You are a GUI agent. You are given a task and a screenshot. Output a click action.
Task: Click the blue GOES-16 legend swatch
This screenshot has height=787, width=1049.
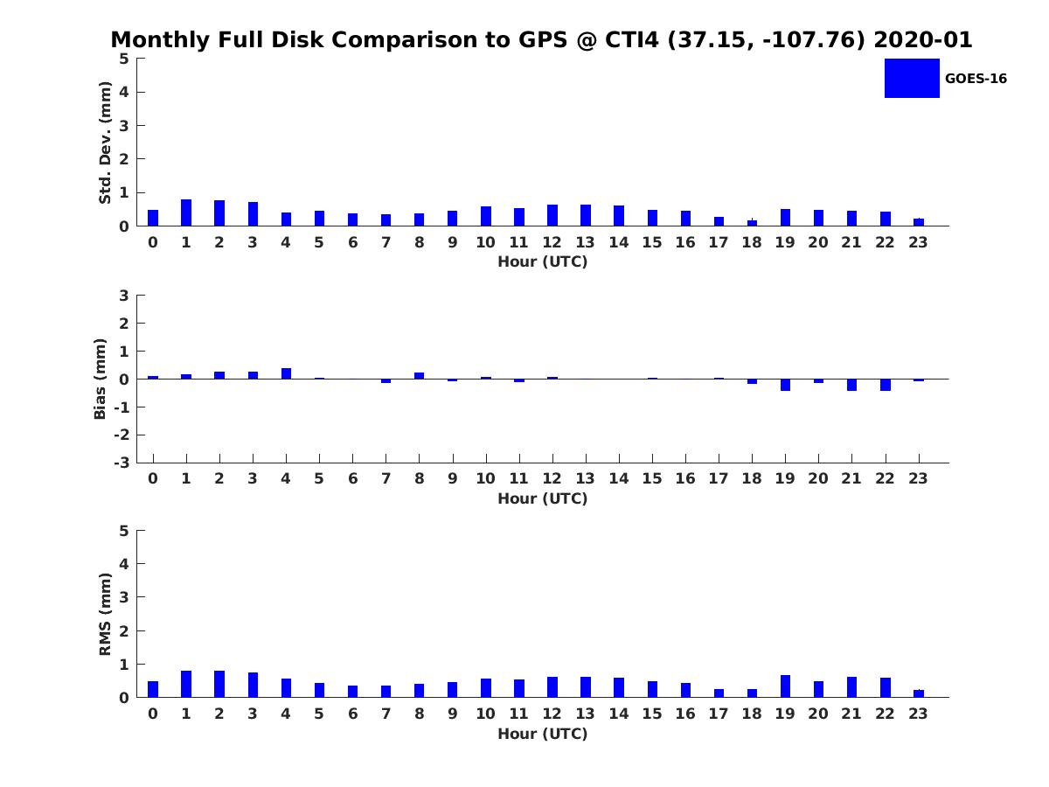[x=912, y=79]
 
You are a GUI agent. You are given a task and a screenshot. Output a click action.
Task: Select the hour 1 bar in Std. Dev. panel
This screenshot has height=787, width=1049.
[x=186, y=212]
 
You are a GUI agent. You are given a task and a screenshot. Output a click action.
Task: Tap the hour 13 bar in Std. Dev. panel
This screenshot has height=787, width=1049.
[x=586, y=215]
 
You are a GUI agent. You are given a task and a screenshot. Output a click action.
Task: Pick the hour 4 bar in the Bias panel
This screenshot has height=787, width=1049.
[x=286, y=373]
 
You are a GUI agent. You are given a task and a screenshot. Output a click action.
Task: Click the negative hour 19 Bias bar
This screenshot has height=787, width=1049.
[x=785, y=385]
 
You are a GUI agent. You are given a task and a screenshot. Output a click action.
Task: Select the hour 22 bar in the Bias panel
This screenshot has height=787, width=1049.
[x=885, y=385]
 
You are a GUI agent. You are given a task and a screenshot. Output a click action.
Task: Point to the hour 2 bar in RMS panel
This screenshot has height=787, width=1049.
[x=219, y=684]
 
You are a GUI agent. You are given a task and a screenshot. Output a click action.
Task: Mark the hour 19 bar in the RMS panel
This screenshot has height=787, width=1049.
[x=785, y=686]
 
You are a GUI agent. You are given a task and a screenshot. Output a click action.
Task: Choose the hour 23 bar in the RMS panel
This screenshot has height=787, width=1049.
[x=919, y=693]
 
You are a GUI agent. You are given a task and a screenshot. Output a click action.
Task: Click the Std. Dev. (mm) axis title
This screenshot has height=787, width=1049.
[x=105, y=143]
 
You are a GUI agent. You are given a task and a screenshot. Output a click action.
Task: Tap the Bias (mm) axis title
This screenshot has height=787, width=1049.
[x=100, y=379]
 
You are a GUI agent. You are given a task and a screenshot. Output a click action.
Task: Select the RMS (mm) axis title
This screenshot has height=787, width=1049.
[x=105, y=614]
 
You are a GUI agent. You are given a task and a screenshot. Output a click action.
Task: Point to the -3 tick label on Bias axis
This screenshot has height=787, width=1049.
[x=122, y=463]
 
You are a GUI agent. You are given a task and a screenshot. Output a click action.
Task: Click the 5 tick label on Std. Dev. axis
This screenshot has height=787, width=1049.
[x=124, y=59]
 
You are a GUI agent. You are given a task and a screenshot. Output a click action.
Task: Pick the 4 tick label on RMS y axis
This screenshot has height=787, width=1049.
[x=124, y=564]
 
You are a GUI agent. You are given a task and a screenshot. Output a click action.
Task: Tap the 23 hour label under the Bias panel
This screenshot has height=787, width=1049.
[x=918, y=478]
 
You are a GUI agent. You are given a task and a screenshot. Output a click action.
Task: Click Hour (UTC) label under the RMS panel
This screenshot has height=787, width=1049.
[x=543, y=734]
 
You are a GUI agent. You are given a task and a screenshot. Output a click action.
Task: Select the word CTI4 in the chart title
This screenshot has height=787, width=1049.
[x=632, y=39]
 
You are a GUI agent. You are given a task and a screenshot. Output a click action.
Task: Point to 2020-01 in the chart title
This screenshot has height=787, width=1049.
[x=923, y=39]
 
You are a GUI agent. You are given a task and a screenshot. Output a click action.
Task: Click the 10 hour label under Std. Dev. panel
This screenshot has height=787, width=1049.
[x=485, y=242]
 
